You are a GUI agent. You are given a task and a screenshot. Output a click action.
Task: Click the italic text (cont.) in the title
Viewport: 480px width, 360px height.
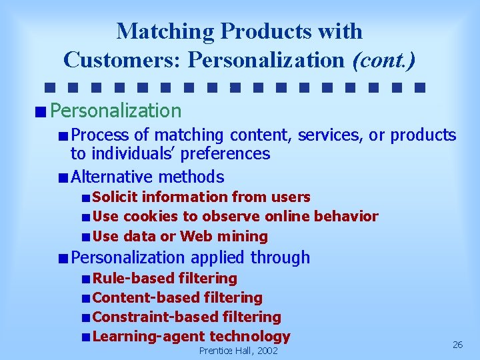click(x=383, y=60)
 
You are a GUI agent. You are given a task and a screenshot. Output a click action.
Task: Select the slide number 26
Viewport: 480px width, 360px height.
click(x=457, y=345)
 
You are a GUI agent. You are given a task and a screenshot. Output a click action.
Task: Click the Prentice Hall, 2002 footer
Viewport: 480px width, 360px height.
click(x=239, y=351)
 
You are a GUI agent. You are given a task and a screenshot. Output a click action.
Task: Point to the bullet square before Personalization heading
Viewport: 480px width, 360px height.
click(x=42, y=111)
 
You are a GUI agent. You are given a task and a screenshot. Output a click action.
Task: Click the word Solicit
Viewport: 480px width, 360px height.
click(x=115, y=197)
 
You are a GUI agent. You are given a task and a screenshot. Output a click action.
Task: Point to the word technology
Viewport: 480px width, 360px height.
click(x=250, y=337)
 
